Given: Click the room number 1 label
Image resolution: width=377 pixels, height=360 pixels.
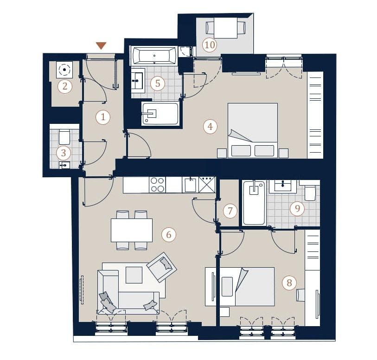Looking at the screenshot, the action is pyautogui.click(x=103, y=117).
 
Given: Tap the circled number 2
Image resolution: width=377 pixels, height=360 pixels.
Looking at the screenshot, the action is pyautogui.click(x=65, y=86).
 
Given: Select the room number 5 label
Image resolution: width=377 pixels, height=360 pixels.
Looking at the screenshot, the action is pyautogui.click(x=158, y=84).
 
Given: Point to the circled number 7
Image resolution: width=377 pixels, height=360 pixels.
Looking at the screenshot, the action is pyautogui.click(x=230, y=211).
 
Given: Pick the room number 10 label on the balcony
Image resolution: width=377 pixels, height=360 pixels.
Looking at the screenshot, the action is pyautogui.click(x=210, y=45).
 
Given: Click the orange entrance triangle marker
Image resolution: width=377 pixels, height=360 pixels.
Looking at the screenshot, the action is pyautogui.click(x=101, y=45).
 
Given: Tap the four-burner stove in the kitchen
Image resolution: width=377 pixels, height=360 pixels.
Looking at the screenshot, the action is pyautogui.click(x=157, y=185).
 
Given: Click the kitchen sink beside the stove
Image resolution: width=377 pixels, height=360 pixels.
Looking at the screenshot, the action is pyautogui.click(x=190, y=185).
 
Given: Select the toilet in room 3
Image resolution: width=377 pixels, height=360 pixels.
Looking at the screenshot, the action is pyautogui.click(x=64, y=136).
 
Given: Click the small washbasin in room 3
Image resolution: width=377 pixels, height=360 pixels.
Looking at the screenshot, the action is pyautogui.click(x=64, y=165).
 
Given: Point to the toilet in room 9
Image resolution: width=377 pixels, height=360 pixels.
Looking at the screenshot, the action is pyautogui.click(x=310, y=193).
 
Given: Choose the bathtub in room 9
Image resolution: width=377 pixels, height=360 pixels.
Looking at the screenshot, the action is pyautogui.click(x=254, y=203).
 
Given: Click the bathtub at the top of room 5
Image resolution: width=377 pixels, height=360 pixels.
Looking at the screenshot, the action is pyautogui.click(x=154, y=55).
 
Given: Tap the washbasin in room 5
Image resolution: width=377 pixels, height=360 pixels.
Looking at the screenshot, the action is pyautogui.click(x=138, y=81).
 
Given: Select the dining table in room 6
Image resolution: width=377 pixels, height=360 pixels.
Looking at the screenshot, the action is pyautogui.click(x=132, y=230).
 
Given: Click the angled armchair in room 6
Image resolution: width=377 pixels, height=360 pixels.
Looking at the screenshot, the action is pyautogui.click(x=161, y=267).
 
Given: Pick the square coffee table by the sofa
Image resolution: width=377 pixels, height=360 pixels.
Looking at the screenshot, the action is pyautogui.click(x=134, y=275).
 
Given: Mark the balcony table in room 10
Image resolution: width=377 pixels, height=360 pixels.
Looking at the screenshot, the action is pyautogui.click(x=225, y=28).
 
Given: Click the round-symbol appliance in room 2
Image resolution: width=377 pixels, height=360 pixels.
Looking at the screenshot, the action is pyautogui.click(x=64, y=70).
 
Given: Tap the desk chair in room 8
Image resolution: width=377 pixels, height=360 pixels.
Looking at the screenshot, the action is pyautogui.click(x=300, y=295).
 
